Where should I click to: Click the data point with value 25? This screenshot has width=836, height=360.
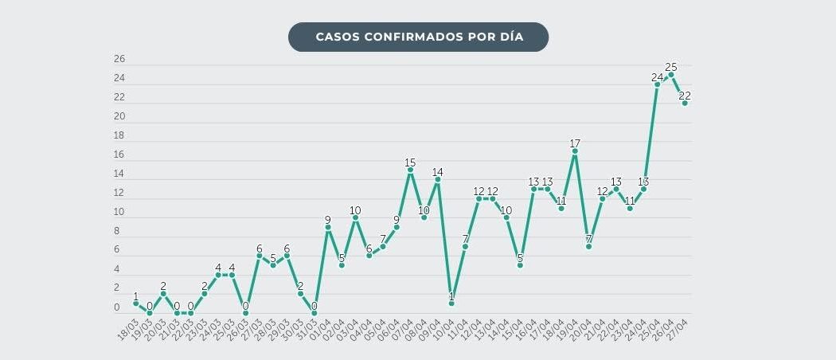tap(670, 74)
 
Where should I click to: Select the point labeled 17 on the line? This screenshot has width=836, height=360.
tap(575, 151)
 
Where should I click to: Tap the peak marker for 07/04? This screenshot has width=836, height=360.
tap(410, 169)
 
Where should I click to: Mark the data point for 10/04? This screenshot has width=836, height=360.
tap(451, 303)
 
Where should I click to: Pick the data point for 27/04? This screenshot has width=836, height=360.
tap(685, 103)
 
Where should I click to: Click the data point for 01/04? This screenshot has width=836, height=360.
tap(327, 227)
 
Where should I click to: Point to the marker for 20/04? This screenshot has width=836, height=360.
tap(588, 246)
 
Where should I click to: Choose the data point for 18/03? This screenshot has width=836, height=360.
tap(135, 303)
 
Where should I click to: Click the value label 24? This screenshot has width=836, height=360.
tap(657, 77)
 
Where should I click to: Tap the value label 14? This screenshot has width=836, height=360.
tap(437, 172)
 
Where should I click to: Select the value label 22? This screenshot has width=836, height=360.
tap(685, 96)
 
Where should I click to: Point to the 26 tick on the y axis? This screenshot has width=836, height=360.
tap(119, 59)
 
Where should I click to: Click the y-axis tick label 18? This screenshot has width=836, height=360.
tap(119, 135)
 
